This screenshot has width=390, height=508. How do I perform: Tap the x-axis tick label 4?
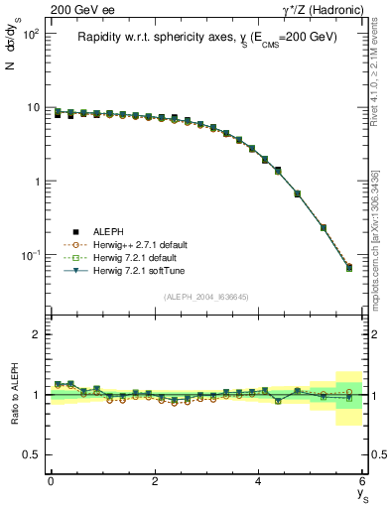[x=258, y=481]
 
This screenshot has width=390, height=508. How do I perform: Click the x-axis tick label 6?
[x=362, y=481]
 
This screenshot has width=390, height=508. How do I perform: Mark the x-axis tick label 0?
[x=51, y=481]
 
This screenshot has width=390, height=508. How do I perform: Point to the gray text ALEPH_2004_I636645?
[x=206, y=297]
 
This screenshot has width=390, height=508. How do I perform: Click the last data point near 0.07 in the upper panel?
[x=348, y=267]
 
